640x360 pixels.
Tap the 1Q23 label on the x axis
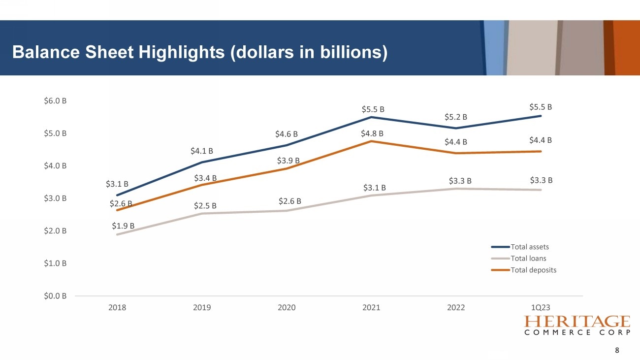pyautogui.click(x=541, y=307)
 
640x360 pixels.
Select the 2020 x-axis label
pyautogui.click(x=287, y=307)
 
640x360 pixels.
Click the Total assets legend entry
pyautogui.click(x=530, y=247)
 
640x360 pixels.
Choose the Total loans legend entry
pyautogui.click(x=528, y=259)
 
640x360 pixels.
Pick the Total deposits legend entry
pyautogui.click(x=534, y=270)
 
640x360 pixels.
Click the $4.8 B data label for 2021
pyautogui.click(x=372, y=133)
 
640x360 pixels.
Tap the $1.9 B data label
pyautogui.click(x=123, y=226)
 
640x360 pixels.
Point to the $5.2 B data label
pyautogui.click(x=455, y=117)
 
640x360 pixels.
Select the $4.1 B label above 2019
pyautogui.click(x=202, y=151)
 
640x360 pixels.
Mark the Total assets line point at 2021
pyautogui.click(x=371, y=117)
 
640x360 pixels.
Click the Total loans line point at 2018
pyautogui.click(x=117, y=234)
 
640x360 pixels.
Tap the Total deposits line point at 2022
pyautogui.click(x=456, y=153)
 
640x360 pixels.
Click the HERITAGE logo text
pyautogui.click(x=577, y=322)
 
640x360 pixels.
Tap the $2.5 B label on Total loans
pyautogui.click(x=205, y=205)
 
